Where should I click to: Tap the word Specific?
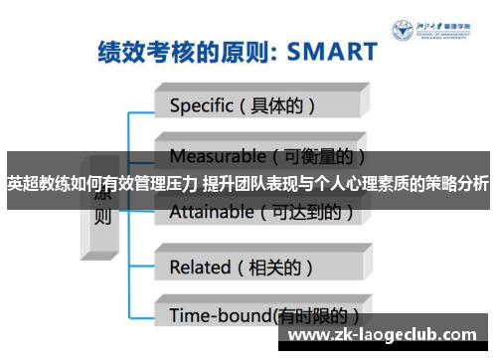203,103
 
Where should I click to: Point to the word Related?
200,267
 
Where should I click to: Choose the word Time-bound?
220,315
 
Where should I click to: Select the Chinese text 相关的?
281,267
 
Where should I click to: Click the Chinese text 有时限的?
319,315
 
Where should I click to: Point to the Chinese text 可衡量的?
319,156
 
